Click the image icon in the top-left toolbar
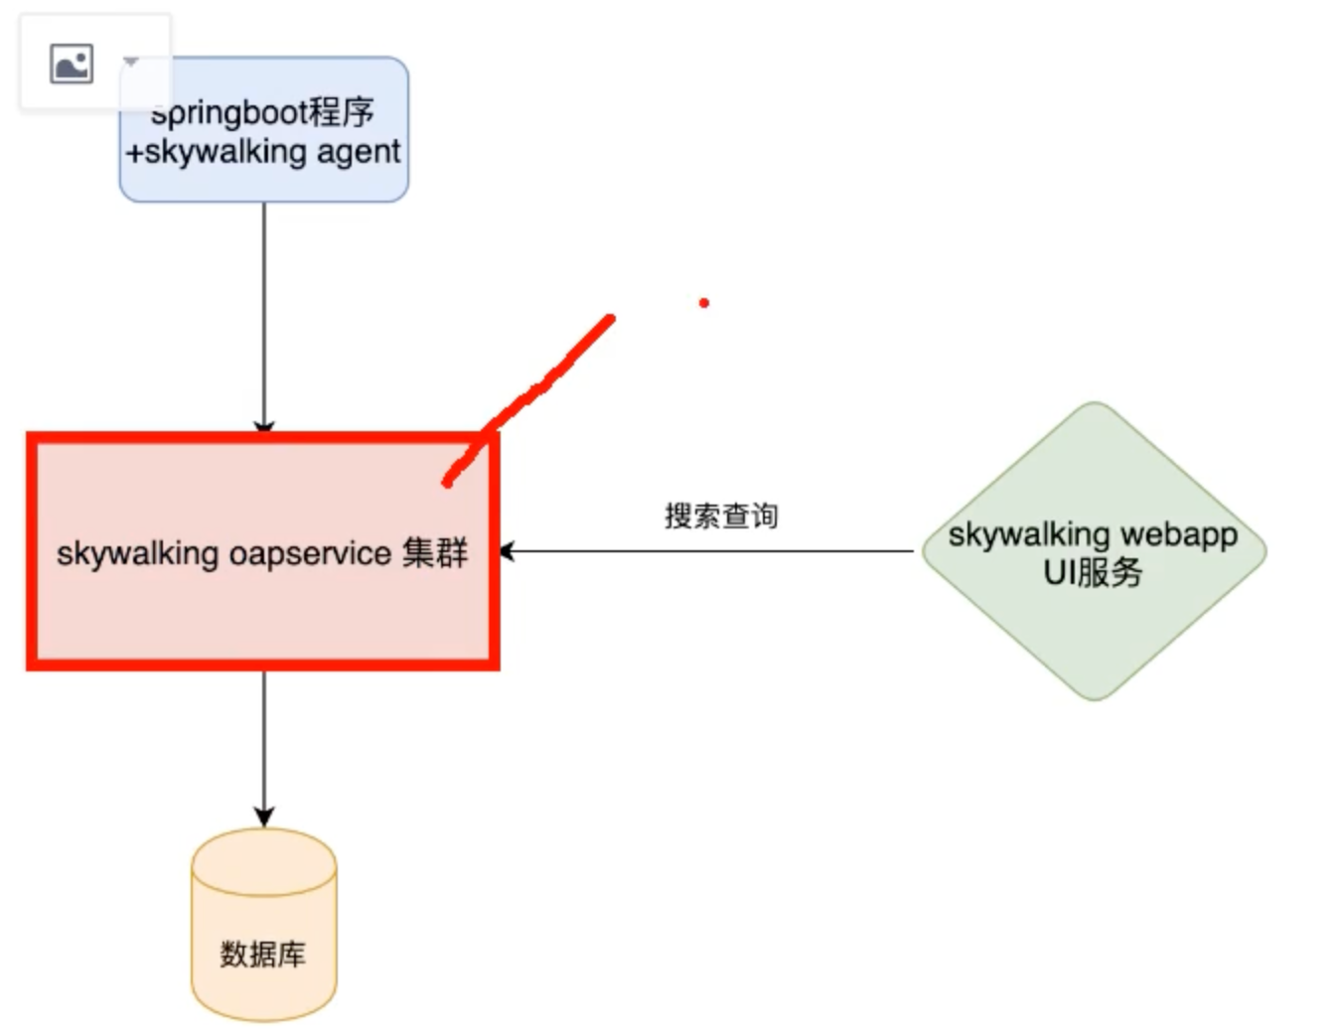click(x=72, y=64)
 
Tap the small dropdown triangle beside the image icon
click(x=130, y=63)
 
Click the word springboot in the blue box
click(x=227, y=112)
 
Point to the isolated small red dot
click(x=703, y=303)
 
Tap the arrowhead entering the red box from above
click(x=264, y=428)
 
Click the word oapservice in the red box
click(x=310, y=553)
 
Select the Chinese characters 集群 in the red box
click(x=435, y=552)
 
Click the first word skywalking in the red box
click(x=137, y=553)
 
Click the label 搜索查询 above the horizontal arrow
click(x=721, y=516)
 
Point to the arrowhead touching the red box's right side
click(x=507, y=551)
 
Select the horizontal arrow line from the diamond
click(x=715, y=551)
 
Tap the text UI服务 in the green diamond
click(x=1093, y=573)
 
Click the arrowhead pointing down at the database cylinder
click(x=264, y=816)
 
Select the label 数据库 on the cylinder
click(x=263, y=955)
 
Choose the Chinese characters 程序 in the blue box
click(x=341, y=111)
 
